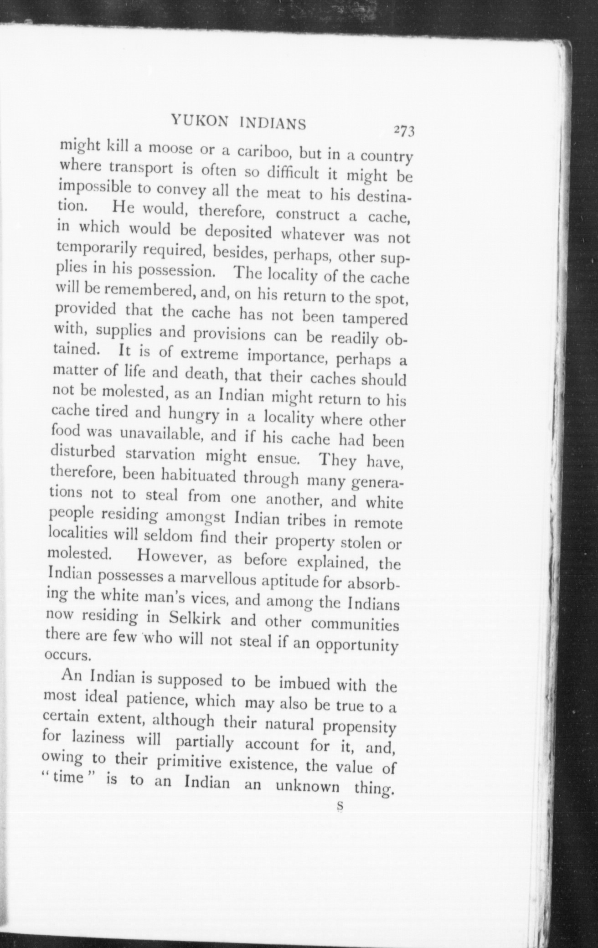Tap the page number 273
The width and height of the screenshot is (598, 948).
[x=403, y=131]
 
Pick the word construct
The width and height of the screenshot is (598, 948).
[x=308, y=214]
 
